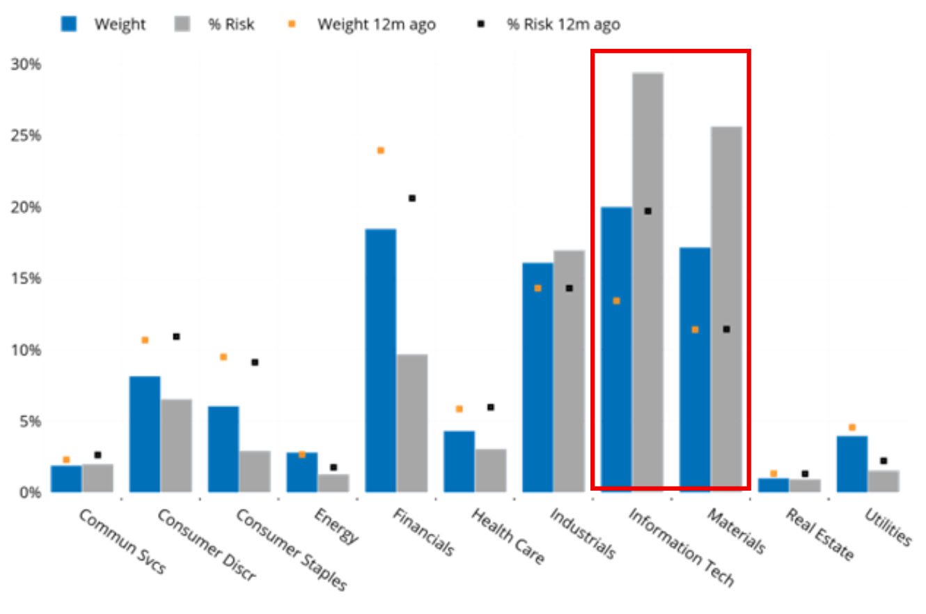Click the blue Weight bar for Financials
[380, 360]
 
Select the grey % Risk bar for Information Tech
[648, 282]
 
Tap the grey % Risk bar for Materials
[726, 309]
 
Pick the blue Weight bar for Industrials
[537, 377]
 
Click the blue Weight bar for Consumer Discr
[145, 434]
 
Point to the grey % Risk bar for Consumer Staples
[255, 471]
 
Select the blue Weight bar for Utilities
[852, 463]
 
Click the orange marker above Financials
[381, 151]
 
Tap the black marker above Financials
[412, 199]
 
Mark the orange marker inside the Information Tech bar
[616, 301]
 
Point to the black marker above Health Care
[491, 408]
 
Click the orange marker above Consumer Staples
[223, 357]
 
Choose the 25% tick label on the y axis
[26, 136]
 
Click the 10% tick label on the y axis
[26, 351]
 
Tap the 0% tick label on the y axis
[30, 493]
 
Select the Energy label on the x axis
[336, 526]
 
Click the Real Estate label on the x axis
[820, 535]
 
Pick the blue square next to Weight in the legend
[69, 24]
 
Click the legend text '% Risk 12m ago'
[564, 24]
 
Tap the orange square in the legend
[292, 24]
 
